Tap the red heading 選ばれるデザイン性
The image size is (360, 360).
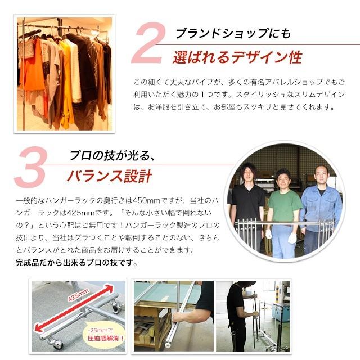[238, 57]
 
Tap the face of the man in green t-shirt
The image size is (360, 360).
[282, 178]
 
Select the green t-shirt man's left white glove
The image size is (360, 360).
[292, 237]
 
